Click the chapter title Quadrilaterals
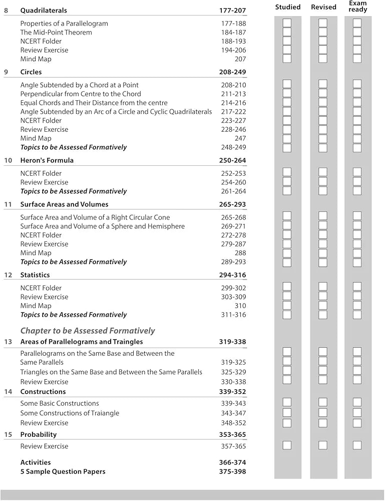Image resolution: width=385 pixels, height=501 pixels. pyautogui.click(x=44, y=11)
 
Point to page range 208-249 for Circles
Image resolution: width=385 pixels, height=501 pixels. pyautogui.click(x=232, y=72)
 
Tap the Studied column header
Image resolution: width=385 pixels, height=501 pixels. pyautogui.click(x=288, y=7)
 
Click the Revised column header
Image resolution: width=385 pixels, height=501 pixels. pyautogui.click(x=323, y=7)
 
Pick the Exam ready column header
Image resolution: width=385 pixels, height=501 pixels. pyautogui.click(x=358, y=7)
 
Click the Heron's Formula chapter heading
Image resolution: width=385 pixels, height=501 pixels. pyautogui.click(x=47, y=160)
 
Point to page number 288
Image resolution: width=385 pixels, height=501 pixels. pyautogui.click(x=240, y=253)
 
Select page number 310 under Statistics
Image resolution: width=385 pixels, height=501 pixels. pyautogui.click(x=240, y=306)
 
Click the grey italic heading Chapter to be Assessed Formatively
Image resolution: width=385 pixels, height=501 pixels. pyautogui.click(x=88, y=331)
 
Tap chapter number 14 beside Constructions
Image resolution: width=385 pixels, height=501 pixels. pyautogui.click(x=8, y=392)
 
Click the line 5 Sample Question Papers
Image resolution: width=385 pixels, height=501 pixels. pyautogui.click(x=63, y=471)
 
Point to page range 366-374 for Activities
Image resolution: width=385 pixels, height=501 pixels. pyautogui.click(x=232, y=462)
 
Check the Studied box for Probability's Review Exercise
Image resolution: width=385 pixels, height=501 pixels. pyautogui.click(x=287, y=445)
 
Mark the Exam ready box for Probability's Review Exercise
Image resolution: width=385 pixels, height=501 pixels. pyautogui.click(x=357, y=445)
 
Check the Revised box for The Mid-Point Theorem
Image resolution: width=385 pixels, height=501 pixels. pyautogui.click(x=323, y=32)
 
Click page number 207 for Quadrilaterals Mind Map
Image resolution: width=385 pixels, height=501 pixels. pyautogui.click(x=240, y=59)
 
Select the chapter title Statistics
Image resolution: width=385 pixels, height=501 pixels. pyautogui.click(x=35, y=275)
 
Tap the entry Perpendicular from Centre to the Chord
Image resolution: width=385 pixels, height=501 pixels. pyautogui.click(x=81, y=94)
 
